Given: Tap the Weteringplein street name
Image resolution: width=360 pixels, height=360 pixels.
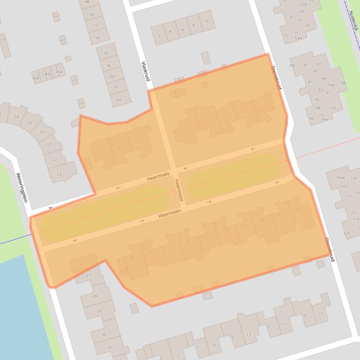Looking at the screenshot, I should click(22, 187).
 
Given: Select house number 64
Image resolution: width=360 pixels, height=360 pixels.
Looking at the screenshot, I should click(118, 99).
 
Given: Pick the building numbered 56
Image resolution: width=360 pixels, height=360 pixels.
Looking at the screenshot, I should click(106, 53).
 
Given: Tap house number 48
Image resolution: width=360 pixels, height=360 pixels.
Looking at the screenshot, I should click(87, 2).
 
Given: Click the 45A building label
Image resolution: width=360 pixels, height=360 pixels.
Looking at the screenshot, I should click(59, 72).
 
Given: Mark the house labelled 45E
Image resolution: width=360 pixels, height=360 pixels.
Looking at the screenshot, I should click(36, 78).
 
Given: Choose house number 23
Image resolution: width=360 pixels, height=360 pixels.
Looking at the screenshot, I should click(59, 174).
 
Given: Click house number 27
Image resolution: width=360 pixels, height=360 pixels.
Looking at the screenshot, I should click(88, 274).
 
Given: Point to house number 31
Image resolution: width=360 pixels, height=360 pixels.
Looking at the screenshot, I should click(110, 347).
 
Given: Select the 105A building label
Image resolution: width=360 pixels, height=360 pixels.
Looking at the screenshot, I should click(339, 178).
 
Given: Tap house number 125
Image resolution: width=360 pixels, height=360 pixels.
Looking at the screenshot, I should click(346, 233).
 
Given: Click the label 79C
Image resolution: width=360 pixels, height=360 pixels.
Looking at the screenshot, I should click(292, 65).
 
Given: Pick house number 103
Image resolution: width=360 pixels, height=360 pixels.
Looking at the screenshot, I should click(333, 108).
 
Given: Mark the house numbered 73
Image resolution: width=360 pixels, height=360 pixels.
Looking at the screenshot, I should click(284, 36).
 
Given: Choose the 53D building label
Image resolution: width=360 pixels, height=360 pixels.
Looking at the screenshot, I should click(303, 4).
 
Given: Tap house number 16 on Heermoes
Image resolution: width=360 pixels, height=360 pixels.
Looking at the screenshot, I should click(242, 226).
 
